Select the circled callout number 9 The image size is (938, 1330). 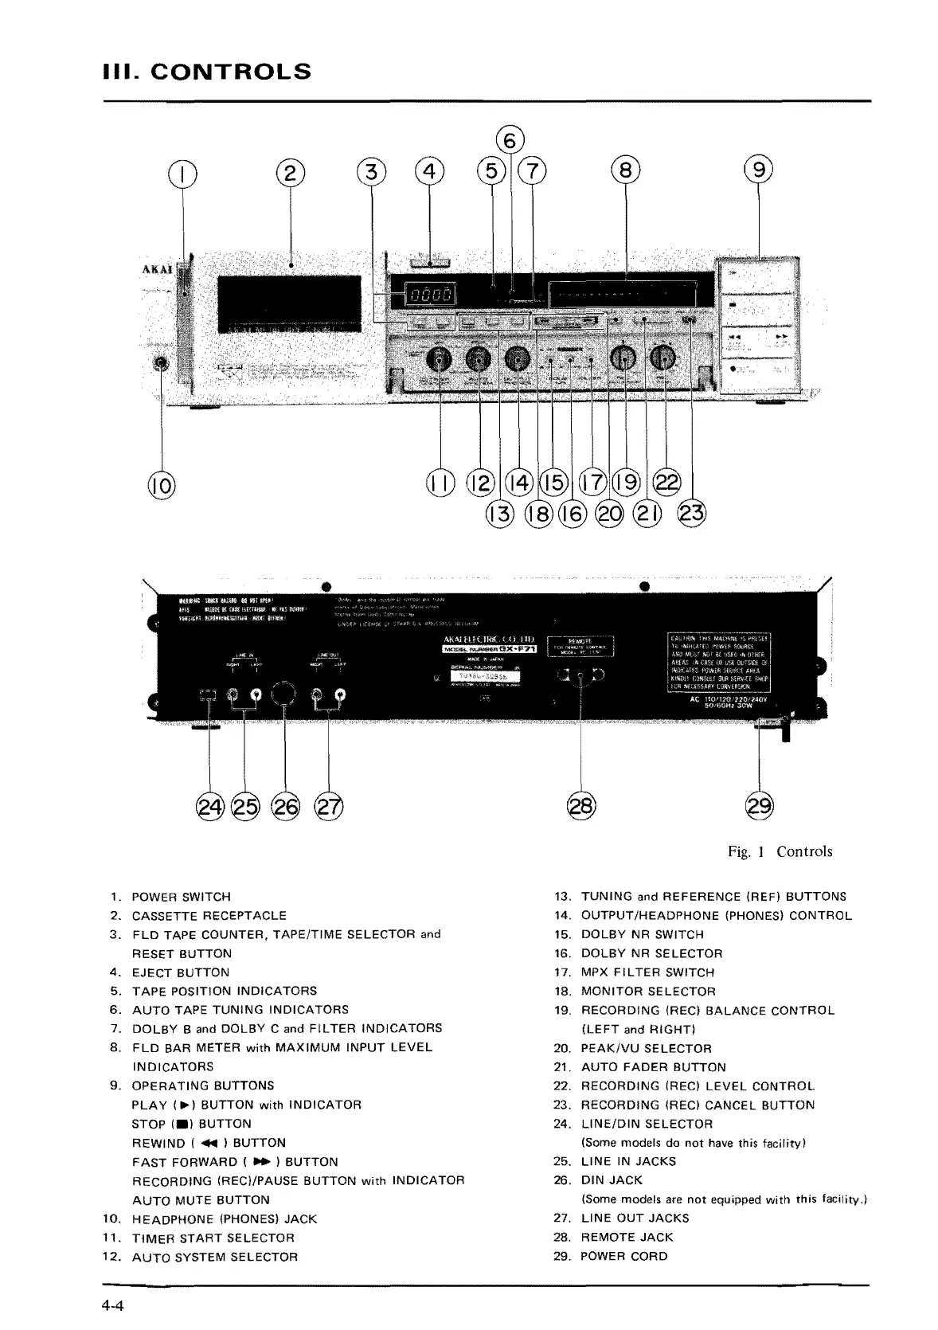pyautogui.click(x=757, y=170)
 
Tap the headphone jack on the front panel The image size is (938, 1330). pyautogui.click(x=162, y=364)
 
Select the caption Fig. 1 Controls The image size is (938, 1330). pyautogui.click(x=780, y=851)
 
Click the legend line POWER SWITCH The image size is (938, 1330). pyautogui.click(x=181, y=897)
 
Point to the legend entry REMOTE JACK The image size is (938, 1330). pyautogui.click(x=627, y=1237)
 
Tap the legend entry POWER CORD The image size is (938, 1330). pyautogui.click(x=624, y=1256)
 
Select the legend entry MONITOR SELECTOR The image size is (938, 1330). pyautogui.click(x=648, y=992)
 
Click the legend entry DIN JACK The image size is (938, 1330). pyautogui.click(x=612, y=1180)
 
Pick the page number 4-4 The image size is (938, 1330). pyautogui.click(x=108, y=1306)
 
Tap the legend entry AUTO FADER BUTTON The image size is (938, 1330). pyautogui.click(x=653, y=1067)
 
